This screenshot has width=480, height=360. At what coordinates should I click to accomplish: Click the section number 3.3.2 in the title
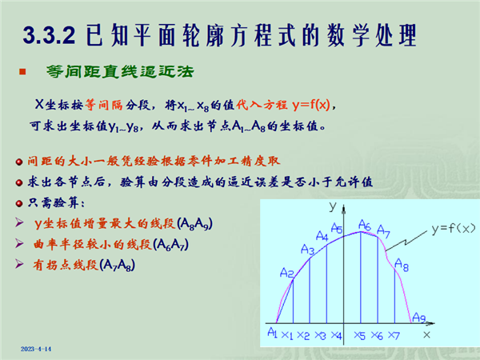coord(49,35)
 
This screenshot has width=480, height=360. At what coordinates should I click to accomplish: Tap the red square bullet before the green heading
coord(22,72)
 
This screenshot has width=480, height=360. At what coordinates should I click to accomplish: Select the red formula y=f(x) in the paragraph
coord(311,105)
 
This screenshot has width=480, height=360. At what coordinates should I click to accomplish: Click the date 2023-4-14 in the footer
coord(36,349)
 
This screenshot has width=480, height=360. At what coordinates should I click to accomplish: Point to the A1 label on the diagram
coord(272,332)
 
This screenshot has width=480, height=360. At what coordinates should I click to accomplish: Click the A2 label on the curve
coord(287,273)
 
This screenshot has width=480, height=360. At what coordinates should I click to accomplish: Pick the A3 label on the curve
coord(308,250)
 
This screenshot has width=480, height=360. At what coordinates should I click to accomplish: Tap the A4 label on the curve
coord(322,236)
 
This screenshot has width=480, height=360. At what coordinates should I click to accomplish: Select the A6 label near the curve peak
coord(365,225)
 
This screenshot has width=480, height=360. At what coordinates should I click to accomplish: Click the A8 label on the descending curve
coord(402,265)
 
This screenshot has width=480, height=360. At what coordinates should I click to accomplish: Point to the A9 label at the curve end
coord(419,318)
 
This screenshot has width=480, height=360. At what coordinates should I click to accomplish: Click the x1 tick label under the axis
coord(287,335)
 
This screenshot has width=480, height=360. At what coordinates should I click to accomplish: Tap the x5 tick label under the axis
coord(360,336)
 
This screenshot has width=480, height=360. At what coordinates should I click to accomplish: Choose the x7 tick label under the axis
coord(394,336)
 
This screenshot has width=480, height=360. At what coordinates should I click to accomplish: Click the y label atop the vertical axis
coord(333,206)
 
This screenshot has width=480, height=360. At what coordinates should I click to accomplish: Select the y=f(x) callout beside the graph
coord(454,228)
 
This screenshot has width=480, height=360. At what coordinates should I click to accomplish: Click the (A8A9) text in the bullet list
coord(195,224)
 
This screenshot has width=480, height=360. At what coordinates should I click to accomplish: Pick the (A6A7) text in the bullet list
coord(171,245)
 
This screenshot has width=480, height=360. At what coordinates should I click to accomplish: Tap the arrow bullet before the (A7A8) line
coord(19,264)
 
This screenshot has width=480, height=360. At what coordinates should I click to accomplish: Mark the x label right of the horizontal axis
coord(426,335)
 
